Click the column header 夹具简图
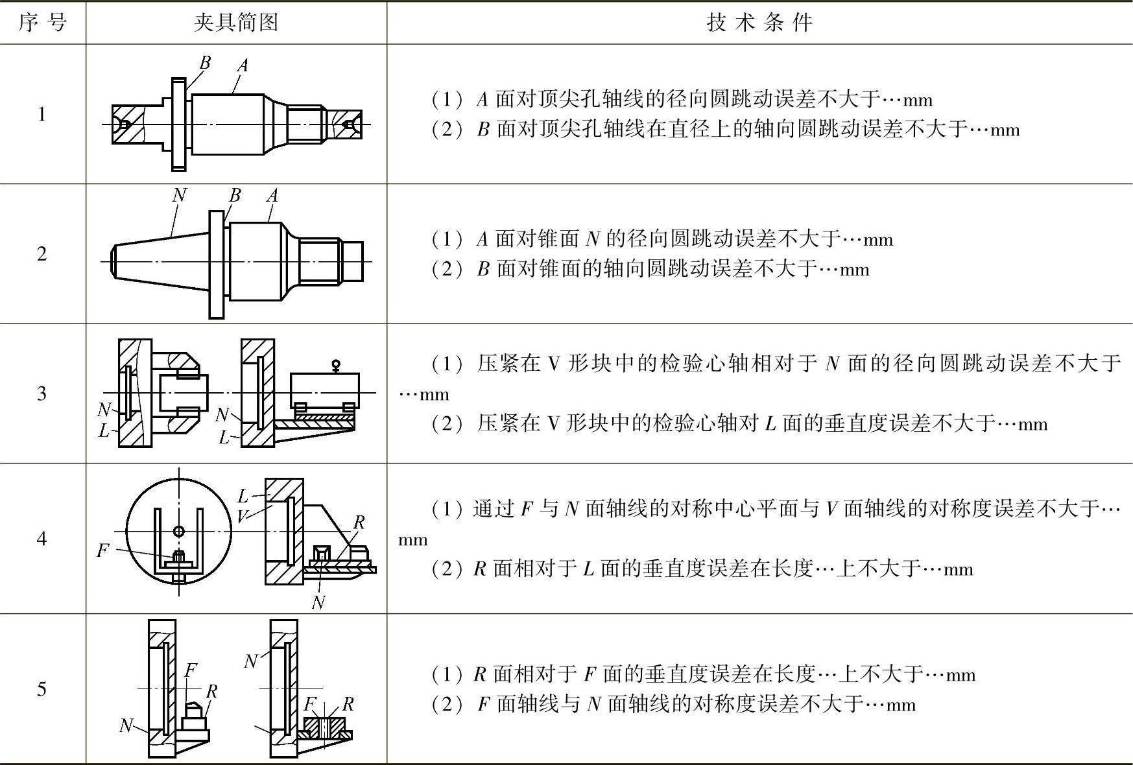[236, 23]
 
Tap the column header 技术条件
[759, 23]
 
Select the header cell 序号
[42, 23]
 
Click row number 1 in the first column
[42, 115]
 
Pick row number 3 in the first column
[42, 394]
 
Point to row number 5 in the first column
[42, 688]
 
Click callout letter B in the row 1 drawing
[205, 63]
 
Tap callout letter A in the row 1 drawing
[243, 65]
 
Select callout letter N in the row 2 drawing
[180, 195]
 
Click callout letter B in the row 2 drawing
[235, 195]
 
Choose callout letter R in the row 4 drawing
[359, 523]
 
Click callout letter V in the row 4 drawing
[242, 516]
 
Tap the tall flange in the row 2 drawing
[217, 264]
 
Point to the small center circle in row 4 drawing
[179, 532]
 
